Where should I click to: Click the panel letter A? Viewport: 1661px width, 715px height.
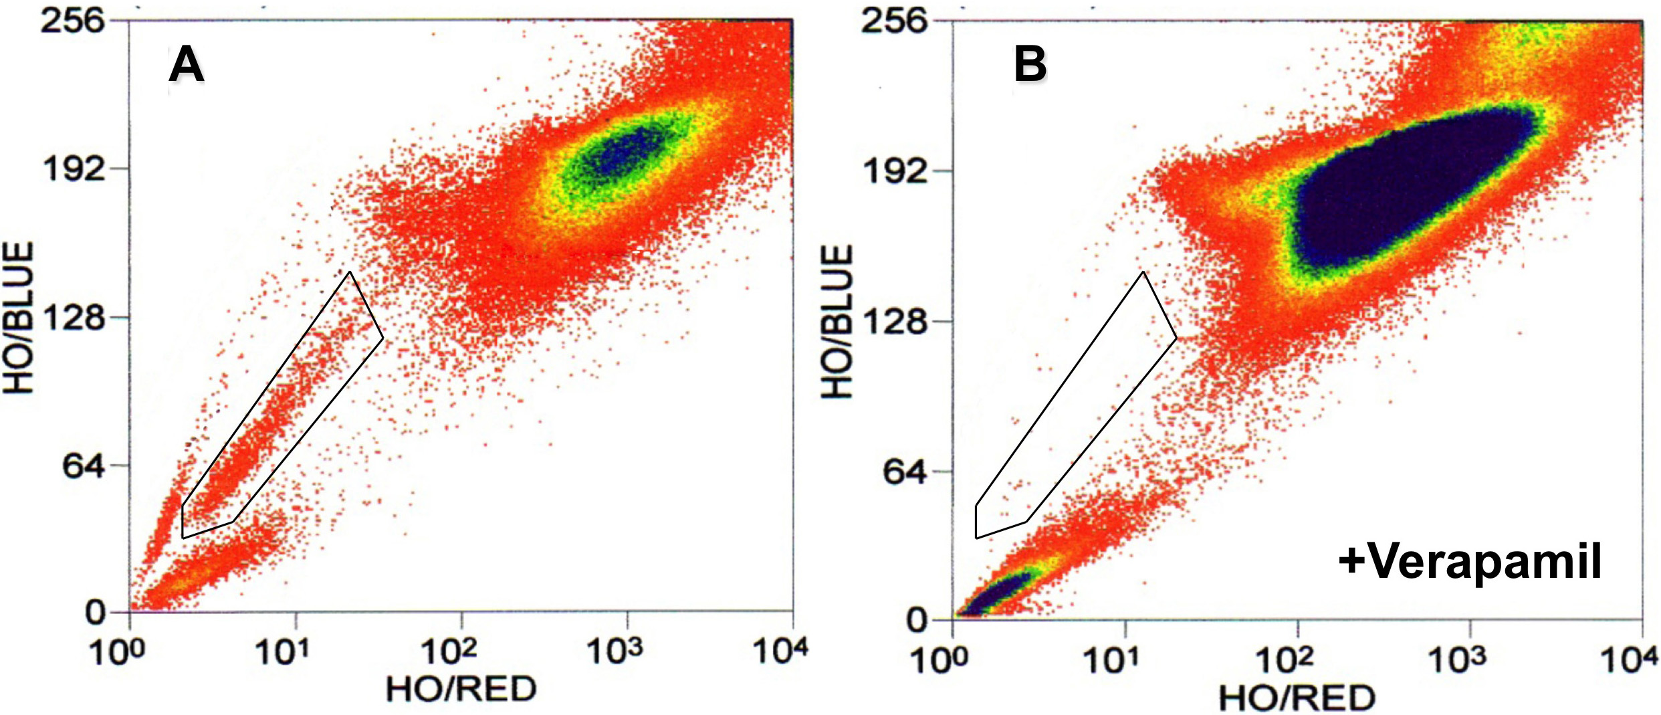[x=186, y=66]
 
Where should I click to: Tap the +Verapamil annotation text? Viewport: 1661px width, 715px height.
[x=1470, y=560]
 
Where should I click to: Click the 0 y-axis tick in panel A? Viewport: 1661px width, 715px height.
[x=96, y=613]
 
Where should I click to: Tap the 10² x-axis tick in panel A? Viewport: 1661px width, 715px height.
[x=449, y=651]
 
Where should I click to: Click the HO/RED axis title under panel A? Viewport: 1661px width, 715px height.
[x=461, y=689]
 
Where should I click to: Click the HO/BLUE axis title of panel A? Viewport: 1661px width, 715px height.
[x=19, y=318]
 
